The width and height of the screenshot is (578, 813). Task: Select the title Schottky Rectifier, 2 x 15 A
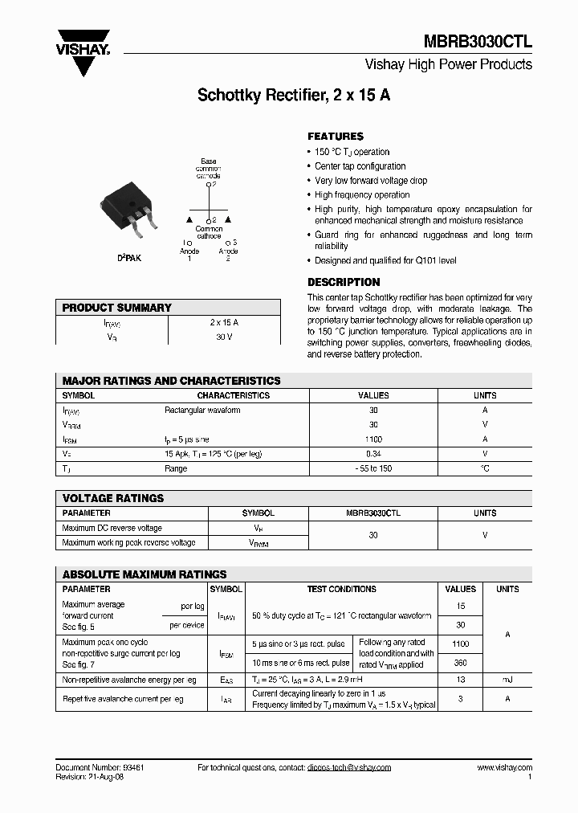point(294,95)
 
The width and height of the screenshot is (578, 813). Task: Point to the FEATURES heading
point(336,137)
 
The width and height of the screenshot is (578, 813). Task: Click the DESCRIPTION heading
point(344,282)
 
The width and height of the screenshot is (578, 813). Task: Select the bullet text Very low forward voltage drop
point(371,181)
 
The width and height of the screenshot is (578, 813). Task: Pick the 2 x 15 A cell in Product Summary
point(224,322)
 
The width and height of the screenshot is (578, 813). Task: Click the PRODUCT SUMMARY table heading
point(117,308)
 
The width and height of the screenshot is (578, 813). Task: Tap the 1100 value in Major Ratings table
point(373,439)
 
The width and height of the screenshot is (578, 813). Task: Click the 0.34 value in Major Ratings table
point(373,454)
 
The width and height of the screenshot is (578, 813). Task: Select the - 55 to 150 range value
point(373,468)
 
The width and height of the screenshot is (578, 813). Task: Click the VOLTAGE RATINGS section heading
point(113,498)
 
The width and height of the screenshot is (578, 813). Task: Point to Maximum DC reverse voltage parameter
point(112,528)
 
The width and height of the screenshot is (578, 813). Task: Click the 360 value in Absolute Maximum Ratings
point(461,663)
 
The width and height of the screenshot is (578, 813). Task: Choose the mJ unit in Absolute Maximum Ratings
point(507,680)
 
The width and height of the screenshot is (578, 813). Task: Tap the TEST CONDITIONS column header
point(341,589)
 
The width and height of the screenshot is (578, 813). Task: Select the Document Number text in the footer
point(100,767)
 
